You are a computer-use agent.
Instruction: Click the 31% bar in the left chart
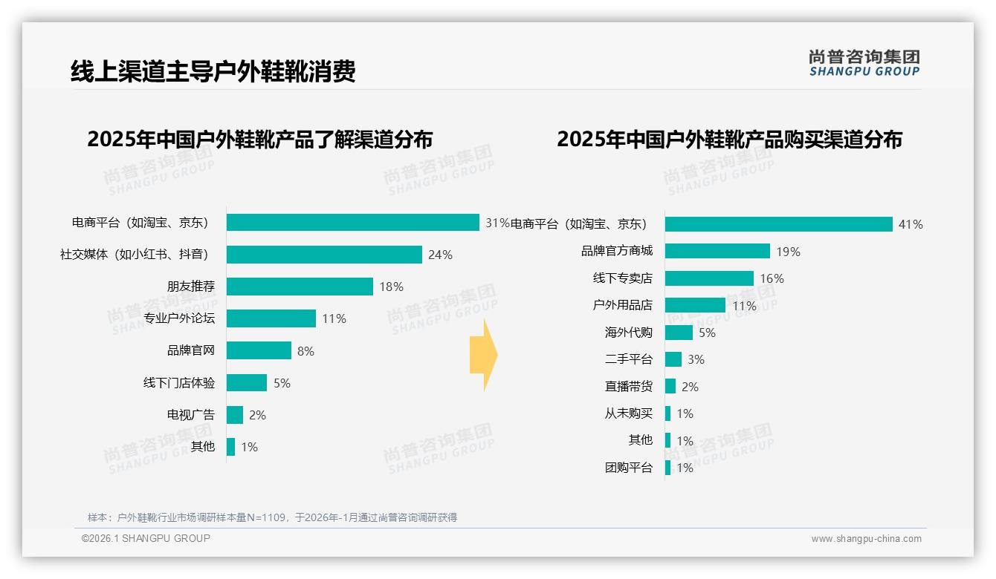pyautogui.click(x=352, y=223)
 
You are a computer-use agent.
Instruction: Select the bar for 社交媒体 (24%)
pyautogui.click(x=324, y=255)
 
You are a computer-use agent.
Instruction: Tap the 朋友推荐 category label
pyautogui.click(x=190, y=287)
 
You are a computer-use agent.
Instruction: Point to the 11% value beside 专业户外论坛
pyautogui.click(x=334, y=318)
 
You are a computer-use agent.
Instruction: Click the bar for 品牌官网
pyautogui.click(x=259, y=350)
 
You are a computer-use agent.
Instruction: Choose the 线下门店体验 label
pyautogui.click(x=178, y=383)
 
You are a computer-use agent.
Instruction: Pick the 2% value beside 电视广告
pyautogui.click(x=257, y=415)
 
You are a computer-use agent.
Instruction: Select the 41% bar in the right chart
pyautogui.click(x=778, y=224)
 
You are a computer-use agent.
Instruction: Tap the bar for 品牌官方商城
pyautogui.click(x=717, y=251)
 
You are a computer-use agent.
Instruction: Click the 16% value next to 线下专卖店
pyautogui.click(x=772, y=278)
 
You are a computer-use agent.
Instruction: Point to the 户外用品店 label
pyautogui.click(x=622, y=305)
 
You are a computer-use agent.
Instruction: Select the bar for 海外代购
pyautogui.click(x=679, y=333)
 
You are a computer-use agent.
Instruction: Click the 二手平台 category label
pyautogui.click(x=628, y=359)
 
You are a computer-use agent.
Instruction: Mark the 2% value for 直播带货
pyautogui.click(x=690, y=387)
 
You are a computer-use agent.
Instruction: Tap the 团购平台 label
pyautogui.click(x=628, y=468)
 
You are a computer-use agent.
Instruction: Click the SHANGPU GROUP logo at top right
pyautogui.click(x=864, y=63)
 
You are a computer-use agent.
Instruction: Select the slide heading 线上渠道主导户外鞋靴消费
pyautogui.click(x=213, y=71)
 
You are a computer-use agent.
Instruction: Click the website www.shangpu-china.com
pyautogui.click(x=866, y=539)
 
